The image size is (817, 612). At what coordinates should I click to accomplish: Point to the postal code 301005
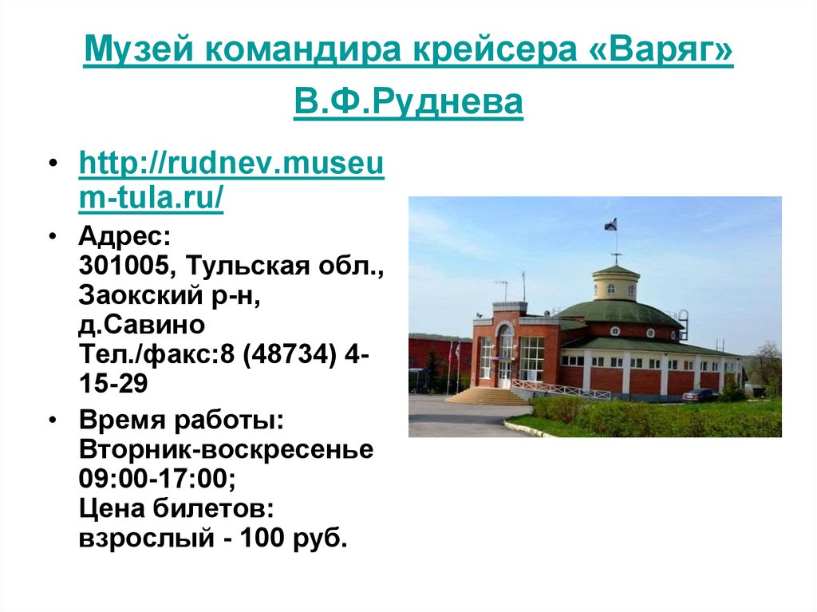(120, 267)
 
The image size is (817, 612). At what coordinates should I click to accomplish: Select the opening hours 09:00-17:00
(156, 478)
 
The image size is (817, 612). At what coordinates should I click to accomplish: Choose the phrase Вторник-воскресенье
(226, 448)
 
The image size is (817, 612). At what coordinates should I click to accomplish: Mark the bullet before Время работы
(53, 420)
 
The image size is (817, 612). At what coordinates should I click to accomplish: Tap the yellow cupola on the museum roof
(616, 284)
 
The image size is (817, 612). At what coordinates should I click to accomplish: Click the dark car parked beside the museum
(701, 395)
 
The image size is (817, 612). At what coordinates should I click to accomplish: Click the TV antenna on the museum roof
(502, 286)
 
